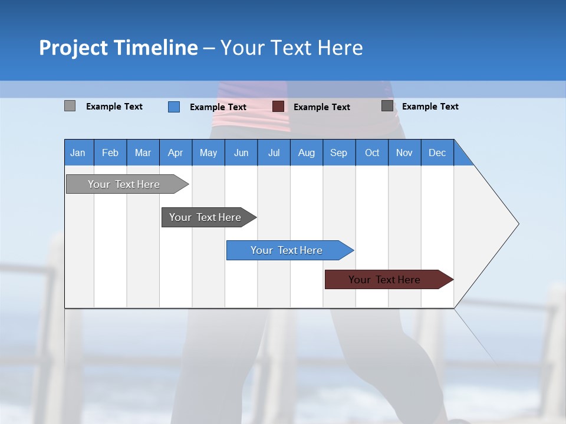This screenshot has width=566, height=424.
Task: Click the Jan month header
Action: pos(78,153)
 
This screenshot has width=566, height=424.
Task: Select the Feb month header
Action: pos(110,153)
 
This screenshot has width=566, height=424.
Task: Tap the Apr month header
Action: pos(175,153)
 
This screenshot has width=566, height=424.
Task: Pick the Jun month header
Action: pos(241,153)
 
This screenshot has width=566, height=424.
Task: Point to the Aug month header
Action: pos(306,153)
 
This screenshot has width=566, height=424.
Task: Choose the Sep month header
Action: pos(338,153)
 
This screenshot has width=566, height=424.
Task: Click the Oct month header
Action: pos(372,153)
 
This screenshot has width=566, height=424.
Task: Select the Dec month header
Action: pos(437,153)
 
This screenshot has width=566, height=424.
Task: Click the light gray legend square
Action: pos(70,106)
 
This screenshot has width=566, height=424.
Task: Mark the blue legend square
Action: pos(174,107)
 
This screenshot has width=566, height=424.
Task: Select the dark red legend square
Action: pos(278,107)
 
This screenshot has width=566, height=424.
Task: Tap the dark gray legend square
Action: pos(387,106)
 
